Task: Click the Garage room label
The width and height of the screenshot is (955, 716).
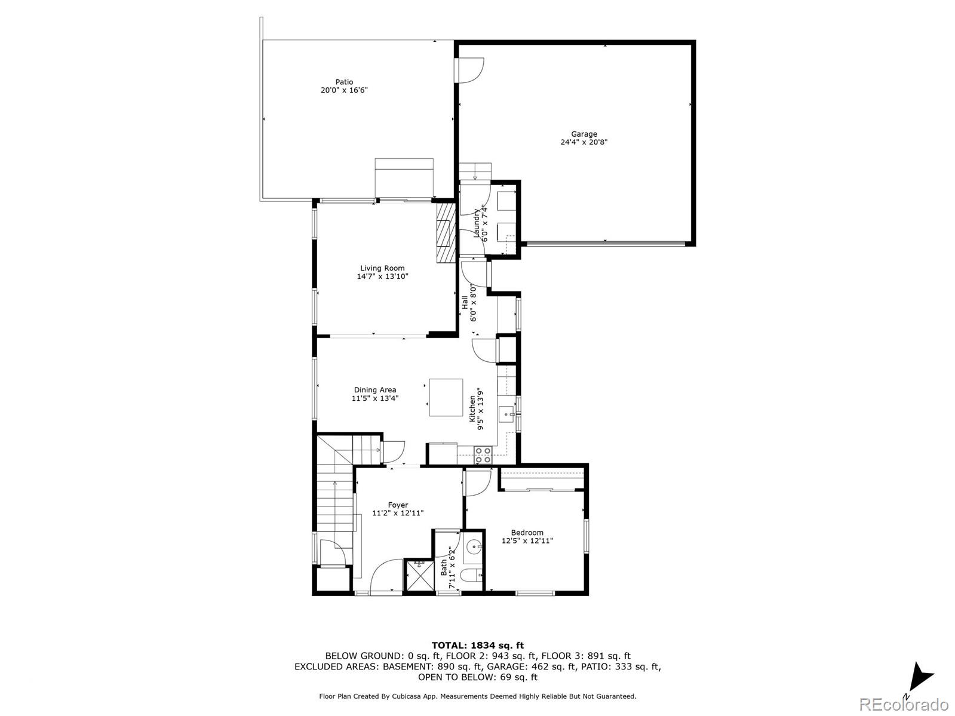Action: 584,134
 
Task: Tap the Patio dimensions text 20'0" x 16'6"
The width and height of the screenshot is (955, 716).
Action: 343,91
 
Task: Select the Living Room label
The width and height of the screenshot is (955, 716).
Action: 382,269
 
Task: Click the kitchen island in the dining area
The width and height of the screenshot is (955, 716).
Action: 446,397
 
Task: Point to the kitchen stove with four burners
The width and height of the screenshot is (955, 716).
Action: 483,454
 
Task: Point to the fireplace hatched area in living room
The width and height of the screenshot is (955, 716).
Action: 445,232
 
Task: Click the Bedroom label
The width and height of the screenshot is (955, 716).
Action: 527,533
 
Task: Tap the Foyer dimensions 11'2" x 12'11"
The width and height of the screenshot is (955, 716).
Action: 398,513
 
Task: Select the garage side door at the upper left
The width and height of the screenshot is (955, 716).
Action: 470,69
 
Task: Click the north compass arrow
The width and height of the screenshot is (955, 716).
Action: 920,678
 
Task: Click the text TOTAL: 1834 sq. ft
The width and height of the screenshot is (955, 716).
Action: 477,645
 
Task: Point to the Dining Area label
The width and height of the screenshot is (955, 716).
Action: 374,390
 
